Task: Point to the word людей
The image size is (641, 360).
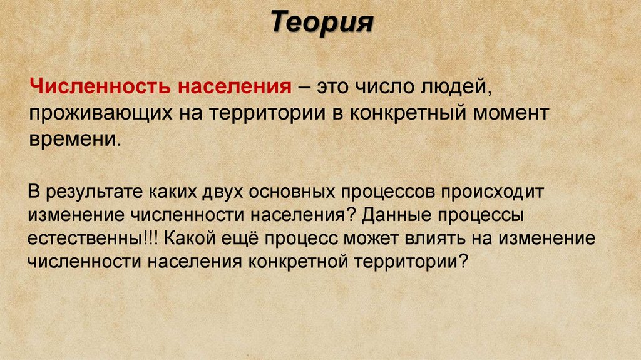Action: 454,86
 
